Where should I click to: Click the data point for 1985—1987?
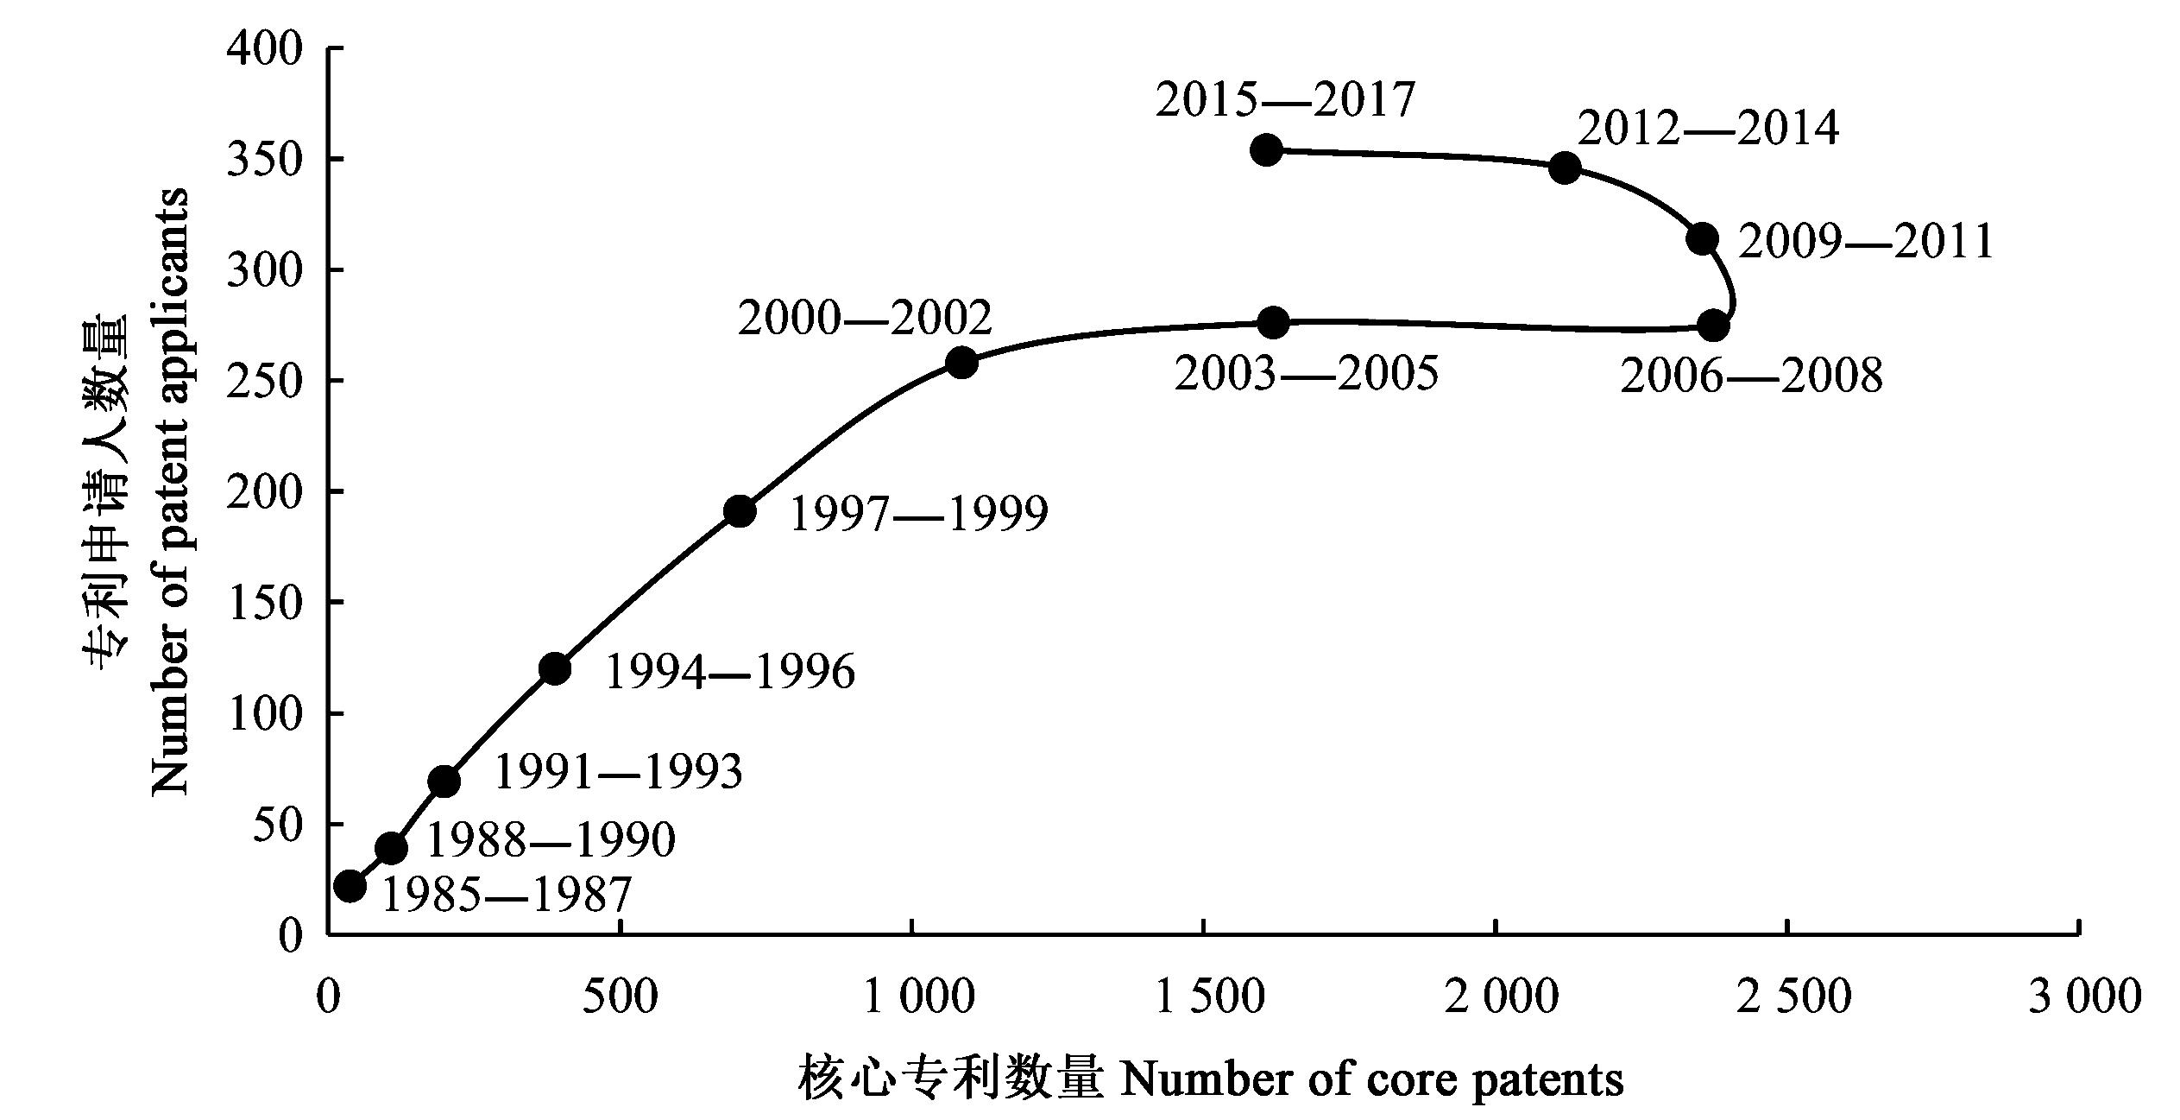[350, 885]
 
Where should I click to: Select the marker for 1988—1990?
[391, 848]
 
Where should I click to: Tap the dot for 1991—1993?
[444, 781]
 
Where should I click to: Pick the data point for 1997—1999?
[740, 511]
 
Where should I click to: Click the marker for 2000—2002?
[961, 363]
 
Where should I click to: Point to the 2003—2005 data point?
[1273, 323]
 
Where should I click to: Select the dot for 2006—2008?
[1713, 326]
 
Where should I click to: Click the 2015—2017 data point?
[1266, 149]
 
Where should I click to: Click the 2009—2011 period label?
[1866, 242]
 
